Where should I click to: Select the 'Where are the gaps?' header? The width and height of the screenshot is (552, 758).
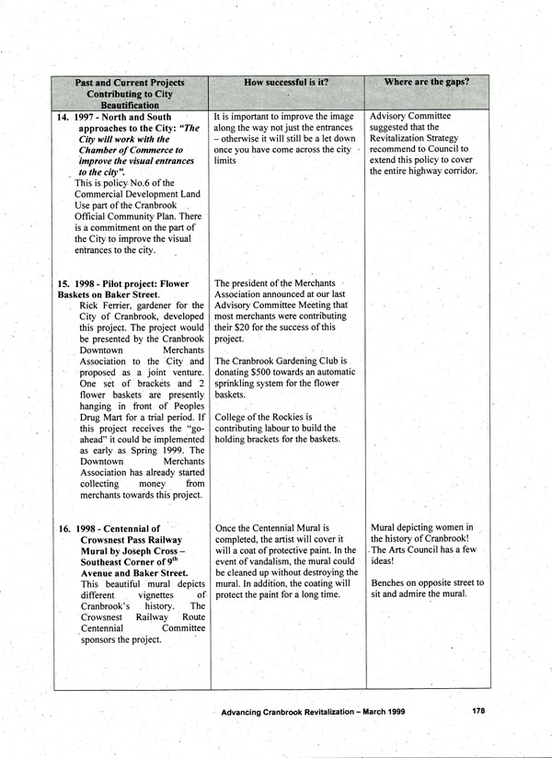click(x=426, y=83)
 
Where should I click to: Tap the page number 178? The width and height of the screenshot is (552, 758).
click(x=478, y=710)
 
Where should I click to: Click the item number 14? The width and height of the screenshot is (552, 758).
click(x=63, y=118)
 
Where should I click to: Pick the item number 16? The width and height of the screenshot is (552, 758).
click(x=63, y=528)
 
